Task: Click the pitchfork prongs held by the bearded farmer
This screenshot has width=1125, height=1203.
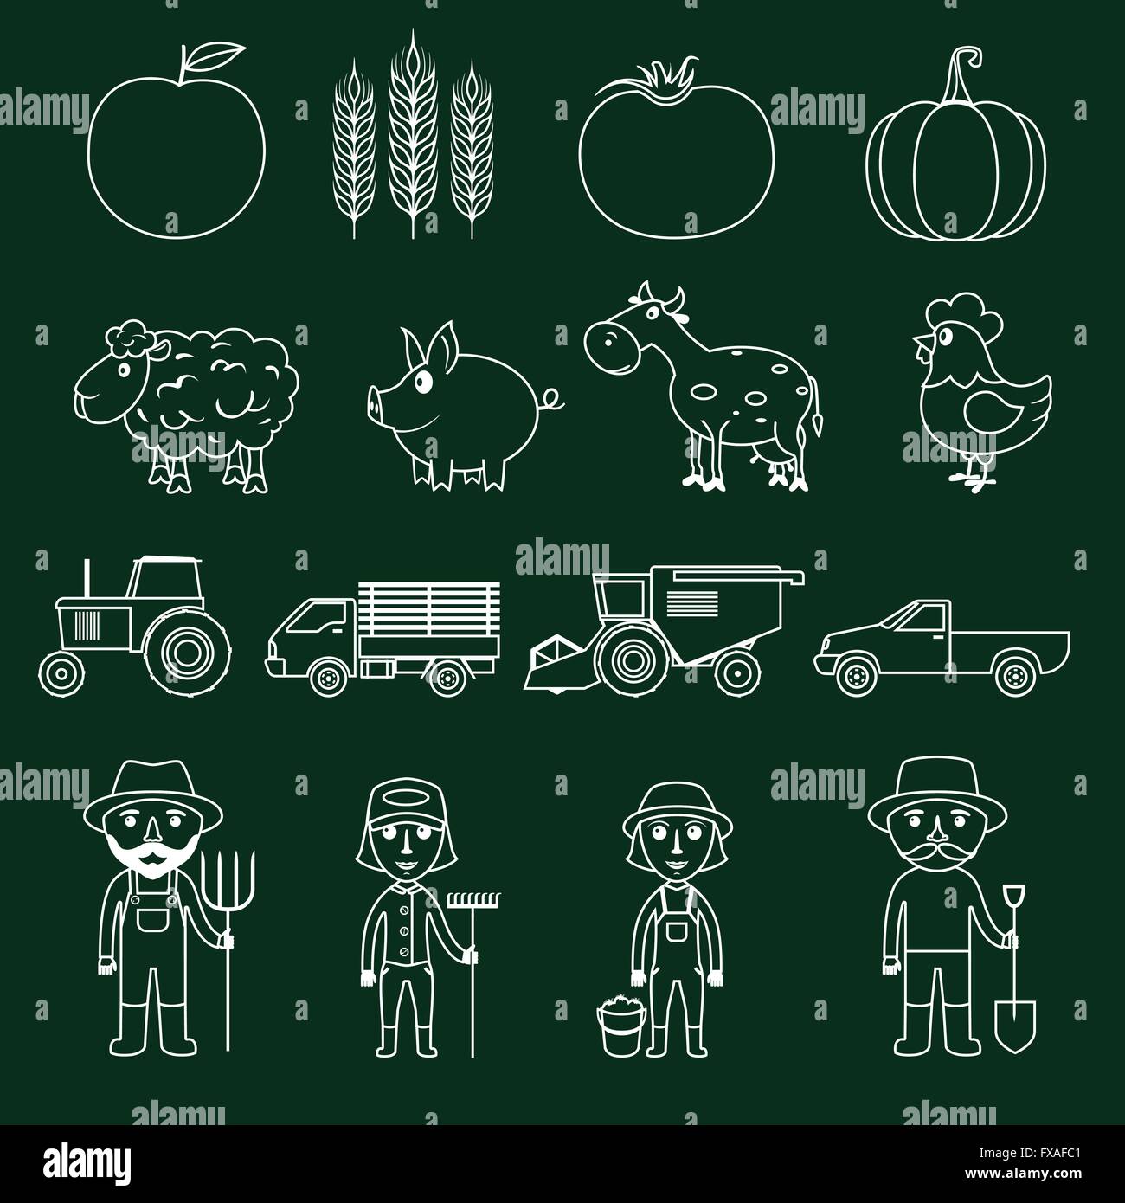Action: click(x=232, y=870)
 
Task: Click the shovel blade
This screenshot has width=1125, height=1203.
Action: click(x=1010, y=1022)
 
